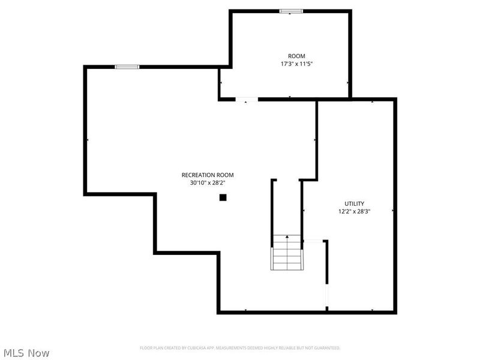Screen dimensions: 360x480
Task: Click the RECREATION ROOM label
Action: (207, 175)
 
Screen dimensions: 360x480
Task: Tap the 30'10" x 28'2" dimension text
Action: (207, 182)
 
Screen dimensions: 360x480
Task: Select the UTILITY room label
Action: (354, 203)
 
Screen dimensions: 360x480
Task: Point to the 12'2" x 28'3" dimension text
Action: (354, 211)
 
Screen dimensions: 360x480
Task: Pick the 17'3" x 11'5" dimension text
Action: (296, 64)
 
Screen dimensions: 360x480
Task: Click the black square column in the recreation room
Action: (223, 197)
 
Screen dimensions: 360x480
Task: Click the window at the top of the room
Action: (291, 11)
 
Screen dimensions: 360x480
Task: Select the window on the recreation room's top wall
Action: (127, 67)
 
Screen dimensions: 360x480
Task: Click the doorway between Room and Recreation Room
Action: (247, 99)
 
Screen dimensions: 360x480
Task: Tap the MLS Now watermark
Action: (26, 353)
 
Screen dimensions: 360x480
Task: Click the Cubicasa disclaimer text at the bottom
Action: (240, 347)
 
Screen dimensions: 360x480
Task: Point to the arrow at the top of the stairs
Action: (287, 238)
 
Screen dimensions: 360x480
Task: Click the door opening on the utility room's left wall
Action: (313, 241)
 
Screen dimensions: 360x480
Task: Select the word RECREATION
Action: (195, 175)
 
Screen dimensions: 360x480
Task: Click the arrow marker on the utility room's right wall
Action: (392, 211)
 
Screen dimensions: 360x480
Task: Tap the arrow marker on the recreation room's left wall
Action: (88, 140)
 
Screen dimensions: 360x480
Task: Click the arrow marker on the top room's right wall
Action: (348, 83)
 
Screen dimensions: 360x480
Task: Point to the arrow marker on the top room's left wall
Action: (221, 83)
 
